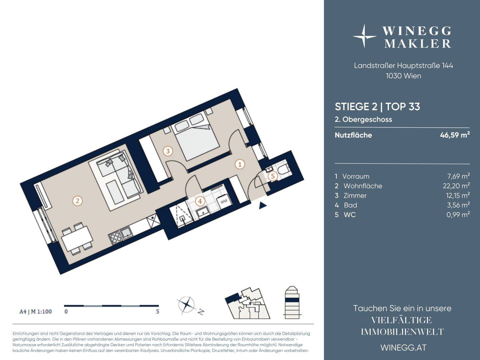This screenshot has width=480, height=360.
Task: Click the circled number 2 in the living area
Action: click(77, 201)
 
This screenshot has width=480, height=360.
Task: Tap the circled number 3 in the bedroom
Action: click(168, 151)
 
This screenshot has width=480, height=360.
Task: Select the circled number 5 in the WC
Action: click(273, 176)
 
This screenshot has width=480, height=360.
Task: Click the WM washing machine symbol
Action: click(224, 201)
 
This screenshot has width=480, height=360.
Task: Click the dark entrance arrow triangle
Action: click(263, 206)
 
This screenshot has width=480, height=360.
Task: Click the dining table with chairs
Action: click(77, 238)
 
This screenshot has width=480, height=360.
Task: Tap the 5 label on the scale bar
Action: click(157, 311)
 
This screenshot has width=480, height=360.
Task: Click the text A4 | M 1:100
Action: click(36, 311)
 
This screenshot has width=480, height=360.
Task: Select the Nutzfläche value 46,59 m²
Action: click(455, 135)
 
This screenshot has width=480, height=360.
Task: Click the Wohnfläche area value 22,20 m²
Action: click(456, 185)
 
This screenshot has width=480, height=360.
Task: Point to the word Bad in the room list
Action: click(350, 205)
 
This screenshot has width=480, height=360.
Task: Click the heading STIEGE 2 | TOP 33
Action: click(377, 107)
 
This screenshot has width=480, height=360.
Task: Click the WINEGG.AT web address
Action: click(403, 348)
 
